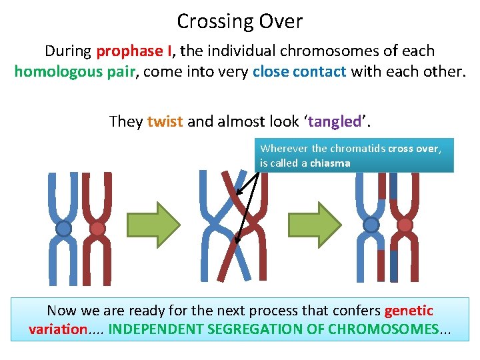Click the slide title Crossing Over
tap(239, 21)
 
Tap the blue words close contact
tap(299, 71)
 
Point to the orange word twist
tap(165, 121)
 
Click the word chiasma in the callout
tap(329, 163)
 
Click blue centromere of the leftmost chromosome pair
tap(63, 229)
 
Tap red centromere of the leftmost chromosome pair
tap(97, 229)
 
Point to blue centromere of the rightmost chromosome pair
tap(371, 225)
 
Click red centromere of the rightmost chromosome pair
tap(405, 225)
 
